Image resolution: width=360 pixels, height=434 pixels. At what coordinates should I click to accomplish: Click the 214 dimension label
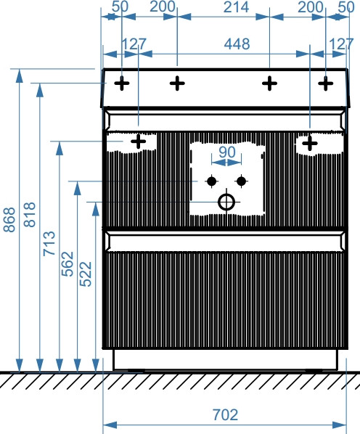(236, 7)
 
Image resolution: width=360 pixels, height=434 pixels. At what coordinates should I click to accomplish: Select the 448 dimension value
(237, 44)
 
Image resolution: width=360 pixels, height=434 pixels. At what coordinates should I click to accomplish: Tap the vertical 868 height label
(9, 219)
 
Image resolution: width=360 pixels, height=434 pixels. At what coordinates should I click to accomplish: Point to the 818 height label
(29, 215)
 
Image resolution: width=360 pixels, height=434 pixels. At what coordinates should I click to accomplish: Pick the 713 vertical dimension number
(49, 244)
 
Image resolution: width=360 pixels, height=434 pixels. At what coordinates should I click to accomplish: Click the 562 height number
(67, 263)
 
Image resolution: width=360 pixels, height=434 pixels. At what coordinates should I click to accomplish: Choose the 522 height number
(86, 274)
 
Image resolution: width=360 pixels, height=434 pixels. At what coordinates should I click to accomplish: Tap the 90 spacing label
(227, 152)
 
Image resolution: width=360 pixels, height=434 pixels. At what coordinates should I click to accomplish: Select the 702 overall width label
(225, 414)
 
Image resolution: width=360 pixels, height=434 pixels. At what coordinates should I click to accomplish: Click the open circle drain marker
(226, 202)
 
